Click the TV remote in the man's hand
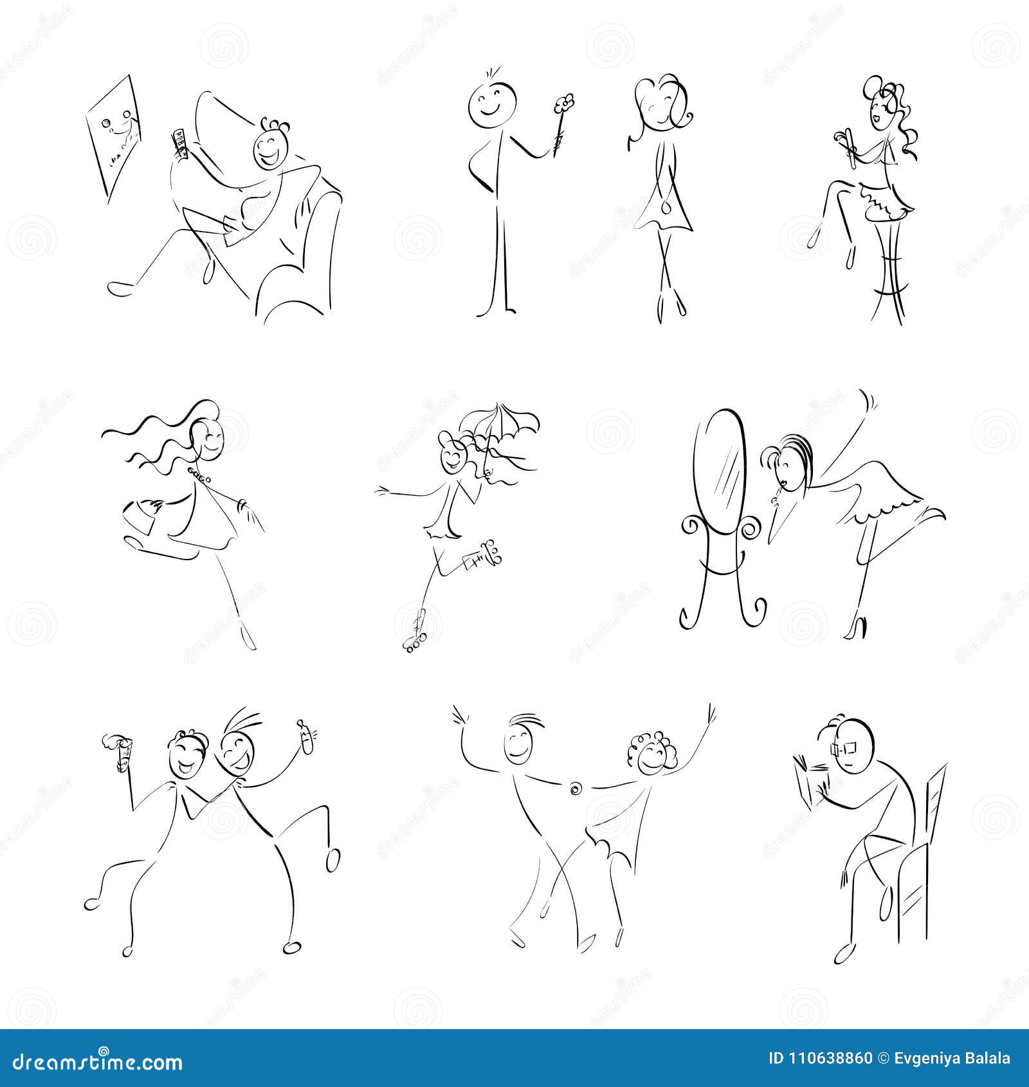pyautogui.click(x=179, y=143)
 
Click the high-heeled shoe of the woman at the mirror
pyautogui.click(x=858, y=626)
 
